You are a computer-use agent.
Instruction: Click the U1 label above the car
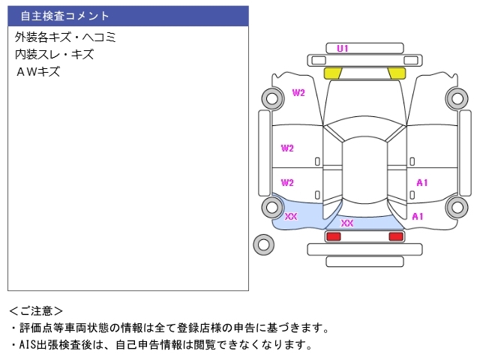click(343, 49)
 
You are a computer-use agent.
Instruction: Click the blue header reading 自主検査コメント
click(127, 16)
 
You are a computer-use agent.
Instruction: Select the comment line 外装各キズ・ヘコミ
click(66, 37)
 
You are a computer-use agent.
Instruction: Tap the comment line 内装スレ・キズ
click(54, 54)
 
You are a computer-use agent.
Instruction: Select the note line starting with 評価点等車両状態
click(169, 328)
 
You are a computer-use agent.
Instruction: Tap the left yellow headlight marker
click(333, 73)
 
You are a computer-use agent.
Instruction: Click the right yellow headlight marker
click(396, 73)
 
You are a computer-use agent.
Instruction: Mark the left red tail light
click(333, 236)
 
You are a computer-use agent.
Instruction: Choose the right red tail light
click(395, 236)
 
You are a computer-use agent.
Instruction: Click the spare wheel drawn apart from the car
click(263, 243)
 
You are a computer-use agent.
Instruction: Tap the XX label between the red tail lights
click(347, 223)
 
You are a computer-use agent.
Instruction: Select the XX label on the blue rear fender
click(291, 217)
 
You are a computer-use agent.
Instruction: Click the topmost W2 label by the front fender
click(298, 93)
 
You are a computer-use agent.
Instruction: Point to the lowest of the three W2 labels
click(287, 182)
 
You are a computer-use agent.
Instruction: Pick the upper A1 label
click(421, 182)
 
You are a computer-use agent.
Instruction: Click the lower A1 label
click(418, 217)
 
